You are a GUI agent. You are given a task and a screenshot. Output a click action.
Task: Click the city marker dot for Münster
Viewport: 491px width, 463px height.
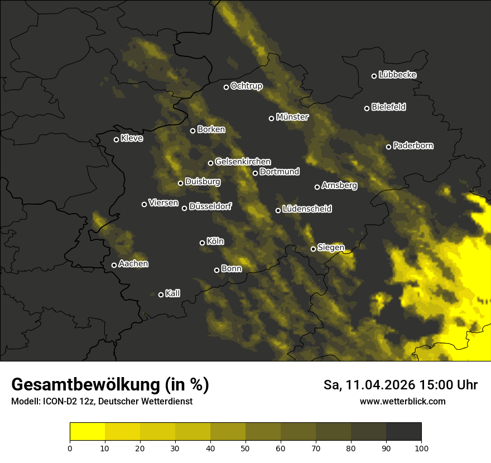point(272,118)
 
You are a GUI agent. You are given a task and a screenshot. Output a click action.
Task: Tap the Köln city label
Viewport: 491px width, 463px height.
point(215,242)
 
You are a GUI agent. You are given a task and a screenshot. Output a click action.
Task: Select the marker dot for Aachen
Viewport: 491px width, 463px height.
point(114,265)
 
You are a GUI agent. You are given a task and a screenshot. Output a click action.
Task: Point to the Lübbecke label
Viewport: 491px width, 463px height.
point(397,75)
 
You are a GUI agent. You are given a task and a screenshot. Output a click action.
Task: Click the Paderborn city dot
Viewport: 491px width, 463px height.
point(389,147)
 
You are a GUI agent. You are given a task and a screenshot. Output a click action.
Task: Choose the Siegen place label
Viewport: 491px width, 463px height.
point(331,247)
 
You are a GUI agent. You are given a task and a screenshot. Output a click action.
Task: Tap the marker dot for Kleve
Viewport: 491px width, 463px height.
point(117,139)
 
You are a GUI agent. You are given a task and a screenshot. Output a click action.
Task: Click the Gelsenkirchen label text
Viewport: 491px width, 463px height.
point(243,162)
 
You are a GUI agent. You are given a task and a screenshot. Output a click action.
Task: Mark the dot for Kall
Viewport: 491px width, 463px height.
point(161,295)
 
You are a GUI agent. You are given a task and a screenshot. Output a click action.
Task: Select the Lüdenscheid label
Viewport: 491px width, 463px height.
point(307,209)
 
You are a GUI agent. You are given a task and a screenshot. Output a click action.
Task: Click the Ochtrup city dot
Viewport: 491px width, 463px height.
point(227,87)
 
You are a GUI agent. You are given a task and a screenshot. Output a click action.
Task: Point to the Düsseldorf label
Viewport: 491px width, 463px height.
point(210,206)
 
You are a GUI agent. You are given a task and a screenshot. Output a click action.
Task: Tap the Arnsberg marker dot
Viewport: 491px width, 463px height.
point(317,187)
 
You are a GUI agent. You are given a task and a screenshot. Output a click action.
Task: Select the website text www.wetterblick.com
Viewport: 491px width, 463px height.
point(403,401)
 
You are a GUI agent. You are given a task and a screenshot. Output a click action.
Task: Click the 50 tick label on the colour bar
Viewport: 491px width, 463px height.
point(245,447)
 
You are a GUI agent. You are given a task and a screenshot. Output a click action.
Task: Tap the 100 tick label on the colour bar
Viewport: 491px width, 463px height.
point(421,447)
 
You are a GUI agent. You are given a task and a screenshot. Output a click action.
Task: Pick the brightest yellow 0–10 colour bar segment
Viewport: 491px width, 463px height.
point(88,432)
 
